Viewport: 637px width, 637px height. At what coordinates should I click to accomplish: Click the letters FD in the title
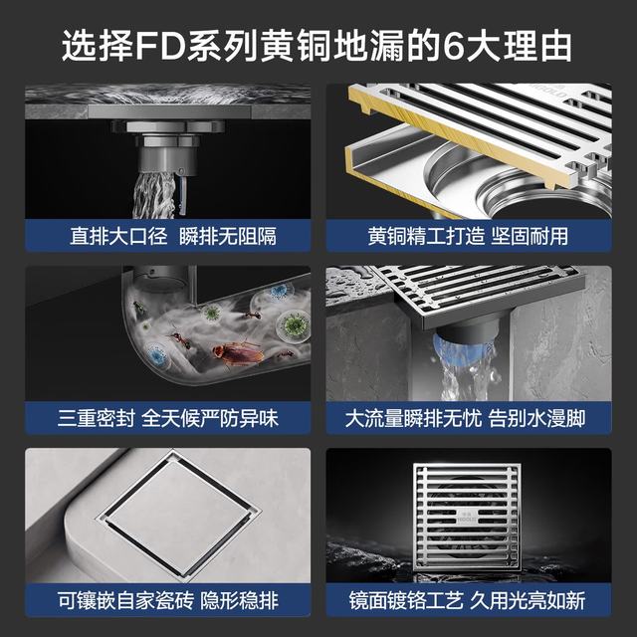coord(160,46)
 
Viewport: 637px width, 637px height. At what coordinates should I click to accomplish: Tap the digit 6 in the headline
coord(454,46)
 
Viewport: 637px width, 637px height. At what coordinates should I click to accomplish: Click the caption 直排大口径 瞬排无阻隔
coord(173,236)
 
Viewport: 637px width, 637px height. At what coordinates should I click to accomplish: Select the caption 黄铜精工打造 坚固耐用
coord(468,236)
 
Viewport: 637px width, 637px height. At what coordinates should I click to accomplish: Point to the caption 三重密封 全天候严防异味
coord(168,418)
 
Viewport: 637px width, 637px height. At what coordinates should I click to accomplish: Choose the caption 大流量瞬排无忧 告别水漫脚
coord(465,418)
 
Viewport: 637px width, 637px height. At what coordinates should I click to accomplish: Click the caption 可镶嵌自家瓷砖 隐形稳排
coord(168,601)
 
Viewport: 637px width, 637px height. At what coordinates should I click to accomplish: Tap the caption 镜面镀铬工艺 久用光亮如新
coord(467,601)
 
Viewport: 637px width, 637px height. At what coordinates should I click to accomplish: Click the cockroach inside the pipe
coord(238,352)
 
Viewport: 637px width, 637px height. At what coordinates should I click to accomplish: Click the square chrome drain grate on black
coord(467,518)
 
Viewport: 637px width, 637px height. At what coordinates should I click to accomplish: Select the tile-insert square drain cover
coord(179,514)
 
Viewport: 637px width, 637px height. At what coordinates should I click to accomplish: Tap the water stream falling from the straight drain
coord(154,194)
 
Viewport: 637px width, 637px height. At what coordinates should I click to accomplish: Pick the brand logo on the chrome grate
coord(467,518)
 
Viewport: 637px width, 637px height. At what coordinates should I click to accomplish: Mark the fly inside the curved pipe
coord(138,308)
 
